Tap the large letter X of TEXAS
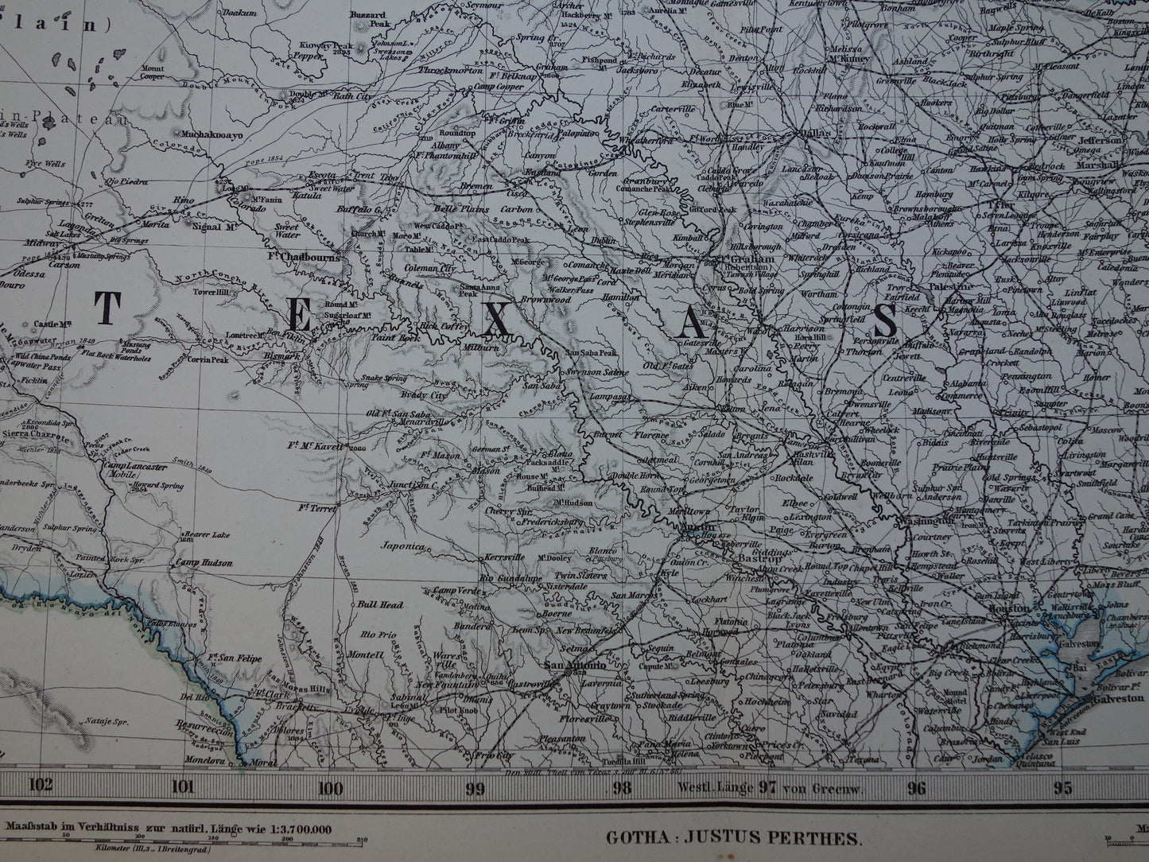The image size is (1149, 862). (x=495, y=319)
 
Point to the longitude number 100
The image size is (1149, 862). (x=330, y=787)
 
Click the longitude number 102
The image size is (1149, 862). (x=39, y=787)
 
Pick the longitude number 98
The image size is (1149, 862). (x=622, y=787)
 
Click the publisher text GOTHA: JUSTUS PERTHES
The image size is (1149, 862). (x=733, y=837)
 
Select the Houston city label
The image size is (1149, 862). (x=1009, y=608)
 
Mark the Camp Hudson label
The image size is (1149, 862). (x=204, y=562)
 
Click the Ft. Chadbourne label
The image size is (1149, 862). (x=305, y=257)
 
